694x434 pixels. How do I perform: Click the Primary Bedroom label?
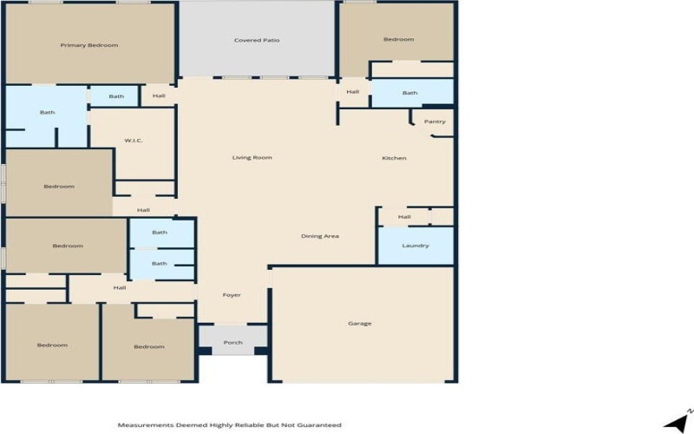(88, 45)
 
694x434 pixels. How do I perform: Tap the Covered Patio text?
(257, 40)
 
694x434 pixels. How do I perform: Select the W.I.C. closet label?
(133, 140)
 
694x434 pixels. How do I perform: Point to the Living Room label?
(252, 157)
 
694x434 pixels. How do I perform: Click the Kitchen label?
(394, 158)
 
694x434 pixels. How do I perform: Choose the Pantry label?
(435, 122)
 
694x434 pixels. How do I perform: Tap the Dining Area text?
(319, 236)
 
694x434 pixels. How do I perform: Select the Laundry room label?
(416, 246)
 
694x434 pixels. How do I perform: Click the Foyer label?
(232, 295)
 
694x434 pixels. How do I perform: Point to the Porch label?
(232, 343)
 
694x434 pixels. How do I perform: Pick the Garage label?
(360, 324)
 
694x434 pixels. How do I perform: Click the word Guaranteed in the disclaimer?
(318, 425)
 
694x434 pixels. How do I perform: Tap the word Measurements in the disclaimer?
(144, 425)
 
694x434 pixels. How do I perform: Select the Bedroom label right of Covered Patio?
(399, 39)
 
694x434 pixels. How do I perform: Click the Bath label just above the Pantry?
(409, 93)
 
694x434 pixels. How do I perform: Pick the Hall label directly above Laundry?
(404, 217)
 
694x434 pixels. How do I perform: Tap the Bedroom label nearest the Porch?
(148, 346)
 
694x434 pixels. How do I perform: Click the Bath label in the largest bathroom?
(47, 112)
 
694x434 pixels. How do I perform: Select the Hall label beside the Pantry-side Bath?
(353, 92)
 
